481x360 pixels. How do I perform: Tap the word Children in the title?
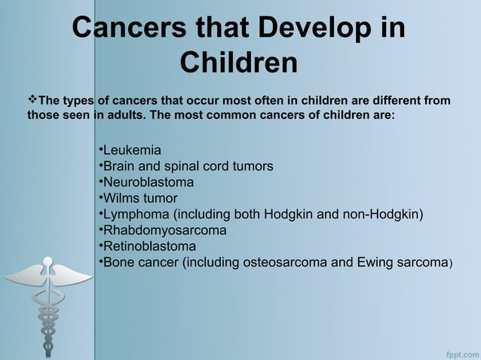(x=239, y=63)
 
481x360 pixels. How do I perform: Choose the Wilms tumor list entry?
(x=139, y=198)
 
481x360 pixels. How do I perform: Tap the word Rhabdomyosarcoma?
(x=164, y=230)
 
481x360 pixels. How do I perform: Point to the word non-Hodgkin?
(x=381, y=214)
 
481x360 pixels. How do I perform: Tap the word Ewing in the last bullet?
(x=374, y=262)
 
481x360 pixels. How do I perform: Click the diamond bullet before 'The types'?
(x=32, y=100)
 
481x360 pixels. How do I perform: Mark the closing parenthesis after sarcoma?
(x=451, y=263)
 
